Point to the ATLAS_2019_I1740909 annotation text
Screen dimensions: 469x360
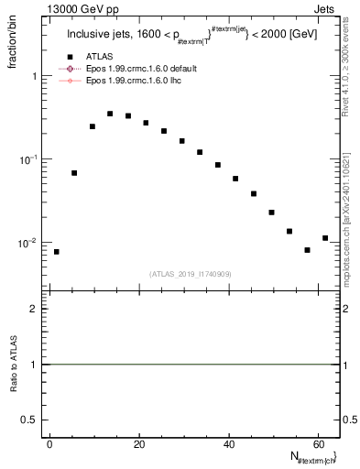[x=191, y=274]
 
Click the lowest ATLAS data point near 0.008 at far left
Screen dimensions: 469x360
[x=57, y=252]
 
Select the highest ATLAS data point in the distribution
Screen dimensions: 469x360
[x=110, y=114]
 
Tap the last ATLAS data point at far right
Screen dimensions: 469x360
[x=325, y=238]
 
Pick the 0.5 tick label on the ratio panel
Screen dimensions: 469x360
[x=34, y=419]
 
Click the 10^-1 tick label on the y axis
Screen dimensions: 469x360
[x=31, y=159]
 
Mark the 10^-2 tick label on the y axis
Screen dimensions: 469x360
[x=31, y=243]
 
